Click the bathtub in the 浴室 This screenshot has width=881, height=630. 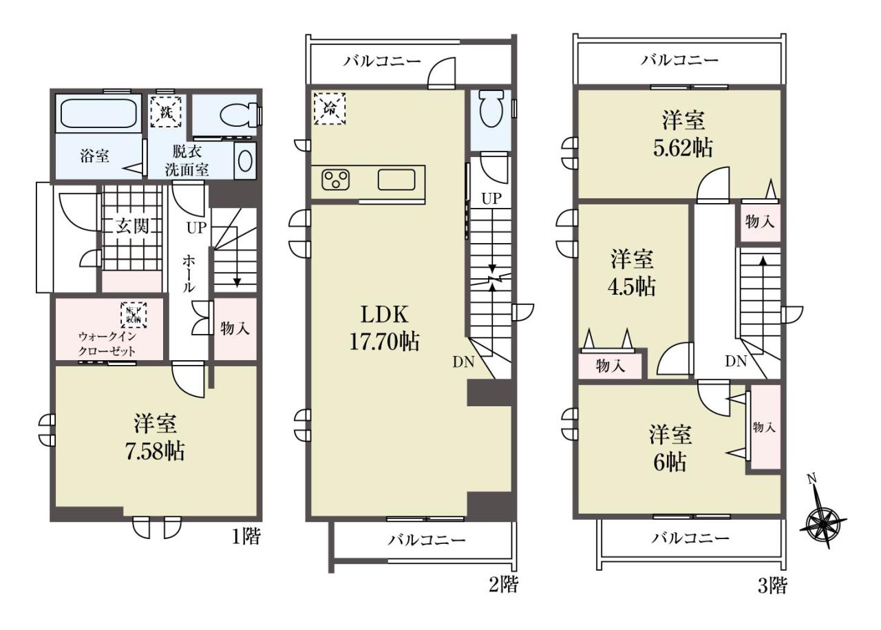98,113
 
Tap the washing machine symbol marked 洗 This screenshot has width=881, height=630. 166,112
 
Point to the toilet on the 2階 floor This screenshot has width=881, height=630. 491,108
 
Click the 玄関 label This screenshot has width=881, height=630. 132,227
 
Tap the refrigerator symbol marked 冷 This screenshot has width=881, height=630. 330,109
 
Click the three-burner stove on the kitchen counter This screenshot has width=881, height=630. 335,180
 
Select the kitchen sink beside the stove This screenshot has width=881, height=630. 396,180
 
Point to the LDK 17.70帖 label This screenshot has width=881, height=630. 384,328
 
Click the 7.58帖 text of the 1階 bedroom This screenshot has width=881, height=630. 154,451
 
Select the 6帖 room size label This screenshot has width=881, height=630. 670,462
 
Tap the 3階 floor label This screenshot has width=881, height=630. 772,596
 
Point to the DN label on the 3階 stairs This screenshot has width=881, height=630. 736,361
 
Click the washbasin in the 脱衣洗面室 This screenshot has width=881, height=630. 246,161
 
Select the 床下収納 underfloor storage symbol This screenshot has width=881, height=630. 134,315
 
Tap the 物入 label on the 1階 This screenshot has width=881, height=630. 235,328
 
